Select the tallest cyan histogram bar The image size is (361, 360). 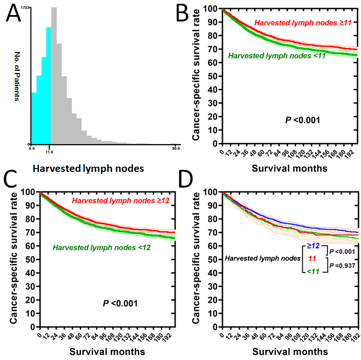pos(48,86)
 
